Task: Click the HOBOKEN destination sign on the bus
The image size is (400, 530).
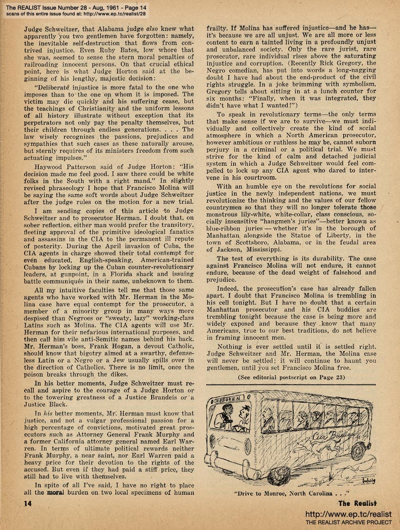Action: pos(227,397)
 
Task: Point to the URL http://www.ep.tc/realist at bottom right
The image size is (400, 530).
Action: pos(349,514)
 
